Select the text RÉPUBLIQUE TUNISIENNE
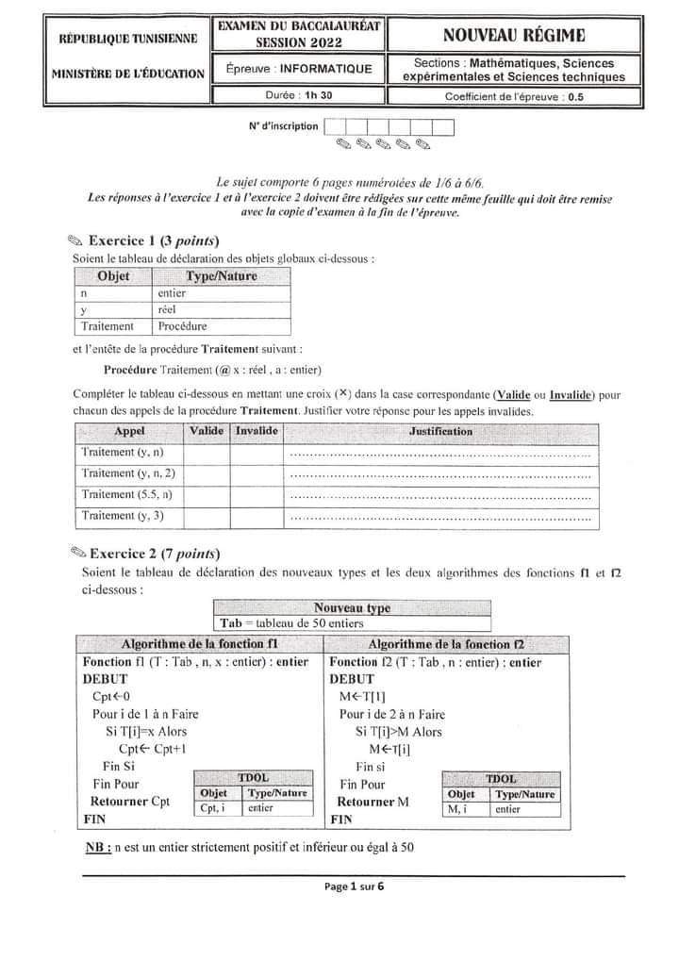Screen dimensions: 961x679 click(128, 39)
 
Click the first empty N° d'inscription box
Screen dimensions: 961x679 click(333, 126)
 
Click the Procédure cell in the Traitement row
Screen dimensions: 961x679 click(183, 326)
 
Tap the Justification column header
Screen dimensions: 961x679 click(441, 431)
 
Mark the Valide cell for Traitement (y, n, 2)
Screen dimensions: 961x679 click(207, 473)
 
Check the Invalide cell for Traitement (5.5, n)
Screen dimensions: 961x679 click(257, 494)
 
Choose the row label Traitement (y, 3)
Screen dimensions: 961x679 click(124, 515)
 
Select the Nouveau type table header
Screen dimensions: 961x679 click(352, 608)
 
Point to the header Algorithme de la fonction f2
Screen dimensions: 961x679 click(447, 644)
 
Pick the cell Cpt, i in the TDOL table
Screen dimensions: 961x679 click(211, 808)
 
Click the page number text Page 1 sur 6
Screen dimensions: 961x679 click(354, 886)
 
